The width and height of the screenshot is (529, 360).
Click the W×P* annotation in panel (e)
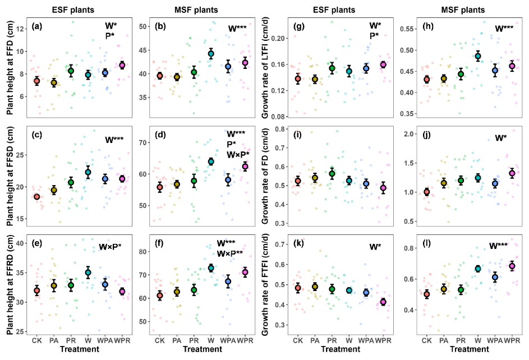point(114,247)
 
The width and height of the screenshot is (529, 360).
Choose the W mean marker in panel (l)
point(478,269)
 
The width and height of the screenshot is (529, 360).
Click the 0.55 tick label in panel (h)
point(409,29)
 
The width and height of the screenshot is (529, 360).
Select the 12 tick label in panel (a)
point(20,28)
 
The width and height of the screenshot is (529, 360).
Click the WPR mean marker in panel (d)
point(244,166)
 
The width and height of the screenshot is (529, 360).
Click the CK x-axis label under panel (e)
point(37,340)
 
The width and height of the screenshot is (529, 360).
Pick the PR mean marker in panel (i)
point(332,173)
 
